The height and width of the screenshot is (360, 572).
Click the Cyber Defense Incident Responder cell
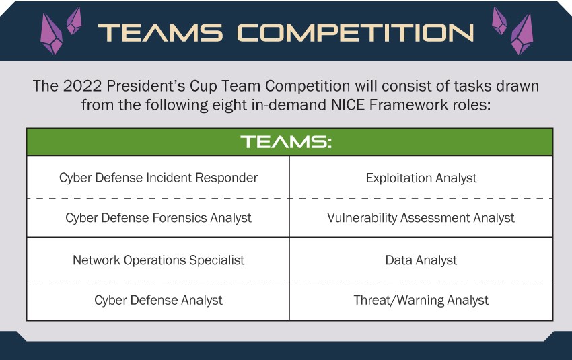tap(158, 178)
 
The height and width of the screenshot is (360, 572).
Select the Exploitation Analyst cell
tap(421, 178)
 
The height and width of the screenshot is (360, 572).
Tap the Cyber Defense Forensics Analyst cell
tap(158, 218)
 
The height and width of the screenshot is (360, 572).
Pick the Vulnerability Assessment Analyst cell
tap(421, 218)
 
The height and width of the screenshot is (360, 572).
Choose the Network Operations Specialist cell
tap(158, 260)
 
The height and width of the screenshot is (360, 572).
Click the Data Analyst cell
tap(421, 260)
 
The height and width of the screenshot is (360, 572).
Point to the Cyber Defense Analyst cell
tap(158, 300)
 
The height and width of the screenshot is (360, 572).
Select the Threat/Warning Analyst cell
tap(421, 300)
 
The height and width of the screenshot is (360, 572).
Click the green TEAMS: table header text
tap(286, 141)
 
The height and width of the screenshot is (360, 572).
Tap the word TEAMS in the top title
tap(160, 32)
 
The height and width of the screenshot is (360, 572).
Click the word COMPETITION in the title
tap(355, 32)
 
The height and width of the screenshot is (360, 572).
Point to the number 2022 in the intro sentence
tap(82, 86)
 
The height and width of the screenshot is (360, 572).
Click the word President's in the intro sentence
tap(146, 86)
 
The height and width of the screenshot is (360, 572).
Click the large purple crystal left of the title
tap(51, 34)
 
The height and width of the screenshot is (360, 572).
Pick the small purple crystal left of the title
tap(74, 21)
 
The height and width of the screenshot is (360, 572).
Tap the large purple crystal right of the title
tap(522, 34)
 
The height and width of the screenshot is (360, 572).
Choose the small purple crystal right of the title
tap(499, 21)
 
